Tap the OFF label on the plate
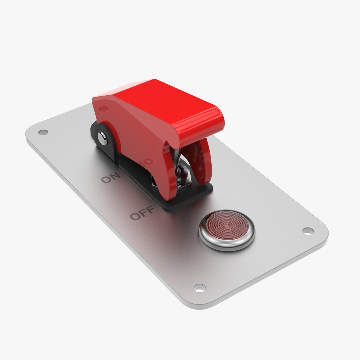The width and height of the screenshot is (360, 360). pyautogui.click(x=142, y=213)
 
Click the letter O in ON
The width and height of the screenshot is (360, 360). pyautogui.click(x=106, y=180)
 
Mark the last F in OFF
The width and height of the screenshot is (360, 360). pyautogui.click(x=149, y=210)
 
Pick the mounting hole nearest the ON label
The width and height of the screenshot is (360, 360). pyautogui.click(x=43, y=132)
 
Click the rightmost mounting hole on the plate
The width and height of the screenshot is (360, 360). pyautogui.click(x=308, y=231)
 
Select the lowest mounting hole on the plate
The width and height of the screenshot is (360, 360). pyautogui.click(x=199, y=288)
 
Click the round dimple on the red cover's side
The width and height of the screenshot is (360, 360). pyautogui.click(x=104, y=109)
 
